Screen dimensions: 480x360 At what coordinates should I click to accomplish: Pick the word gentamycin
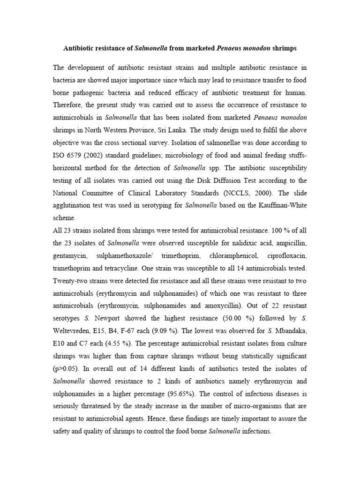(70, 256)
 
